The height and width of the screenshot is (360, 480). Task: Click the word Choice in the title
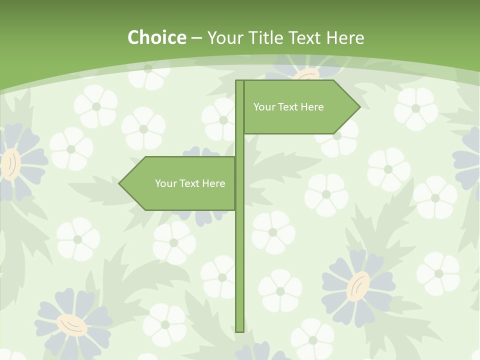pos(156,37)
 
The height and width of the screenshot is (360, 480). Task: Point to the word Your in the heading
pos(224,37)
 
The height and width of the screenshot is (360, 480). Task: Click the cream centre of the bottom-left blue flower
pos(72,325)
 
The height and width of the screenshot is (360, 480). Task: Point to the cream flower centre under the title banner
pos(306,75)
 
